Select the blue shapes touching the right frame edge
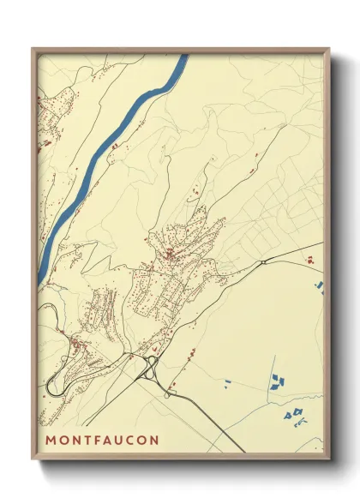[320, 285]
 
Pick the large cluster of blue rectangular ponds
[277, 381]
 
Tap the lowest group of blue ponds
[294, 415]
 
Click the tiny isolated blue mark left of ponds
[228, 381]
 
